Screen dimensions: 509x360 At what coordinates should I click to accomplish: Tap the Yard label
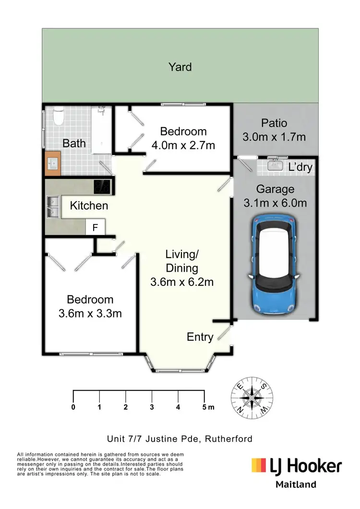180,67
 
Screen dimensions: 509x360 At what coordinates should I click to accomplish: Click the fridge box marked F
95,228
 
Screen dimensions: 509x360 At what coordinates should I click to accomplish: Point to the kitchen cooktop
102,186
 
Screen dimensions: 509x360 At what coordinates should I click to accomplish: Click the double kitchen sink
52,206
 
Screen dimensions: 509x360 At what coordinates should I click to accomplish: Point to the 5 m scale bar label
208,407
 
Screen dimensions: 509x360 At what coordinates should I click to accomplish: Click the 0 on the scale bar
73,407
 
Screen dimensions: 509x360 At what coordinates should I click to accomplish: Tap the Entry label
200,337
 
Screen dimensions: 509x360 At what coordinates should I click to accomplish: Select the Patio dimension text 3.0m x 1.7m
274,137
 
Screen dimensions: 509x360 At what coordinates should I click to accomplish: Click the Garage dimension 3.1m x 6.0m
275,203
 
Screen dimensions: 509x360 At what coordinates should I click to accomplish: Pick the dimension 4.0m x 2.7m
183,145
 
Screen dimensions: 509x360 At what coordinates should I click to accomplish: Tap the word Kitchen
89,206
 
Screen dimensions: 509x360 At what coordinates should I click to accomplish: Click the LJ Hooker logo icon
259,465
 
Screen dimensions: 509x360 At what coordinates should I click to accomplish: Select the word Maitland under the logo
296,484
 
